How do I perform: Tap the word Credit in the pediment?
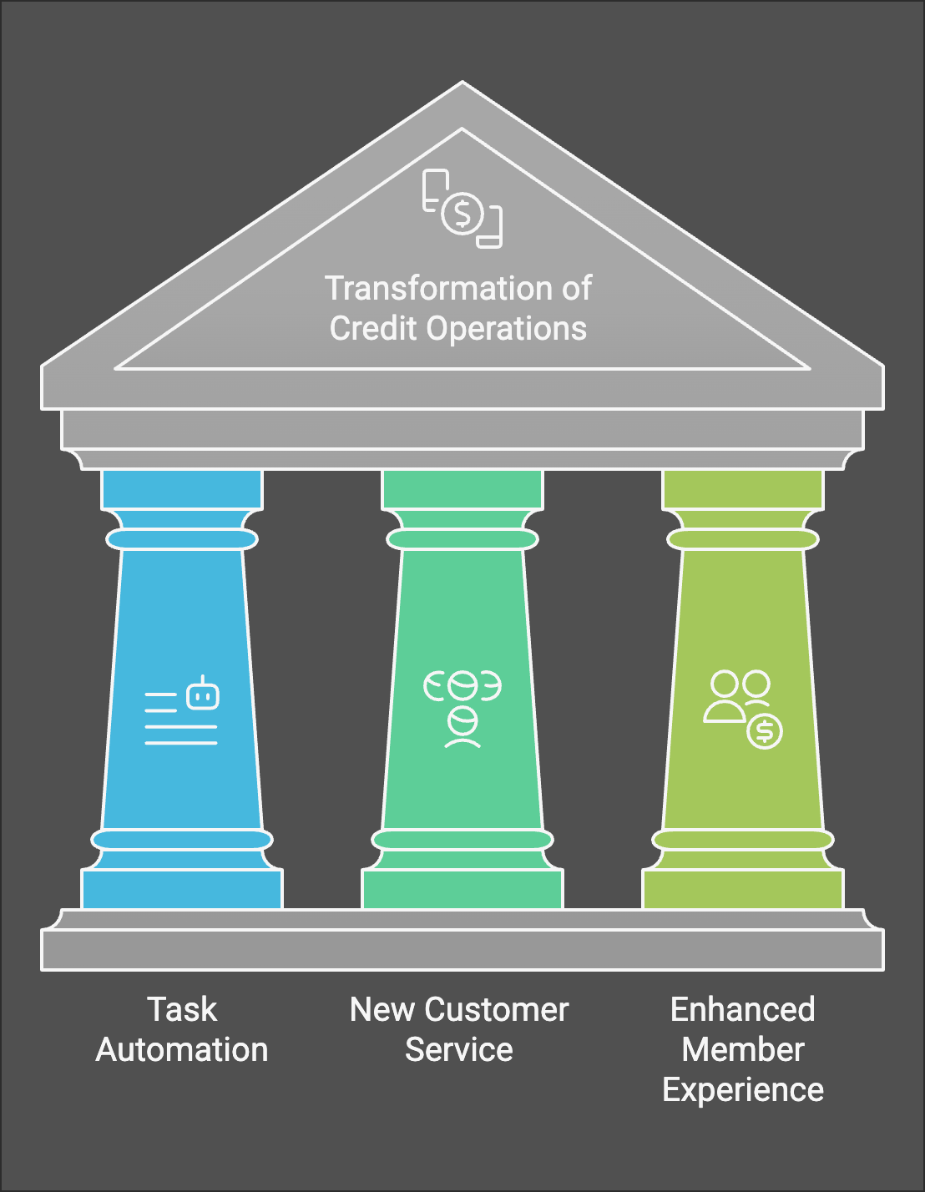(372, 329)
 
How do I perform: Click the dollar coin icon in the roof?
(462, 214)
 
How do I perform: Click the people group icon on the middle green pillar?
(462, 709)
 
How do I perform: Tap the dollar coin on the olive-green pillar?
(764, 732)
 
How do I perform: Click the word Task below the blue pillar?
(182, 1009)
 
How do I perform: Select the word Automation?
(182, 1050)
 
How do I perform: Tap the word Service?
(458, 1050)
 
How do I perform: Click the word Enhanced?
(742, 1009)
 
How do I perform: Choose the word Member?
(743, 1050)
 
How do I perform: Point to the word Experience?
(743, 1091)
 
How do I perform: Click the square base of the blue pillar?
(182, 889)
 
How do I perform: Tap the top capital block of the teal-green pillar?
(462, 489)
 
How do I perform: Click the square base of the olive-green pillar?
(743, 889)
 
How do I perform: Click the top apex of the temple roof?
(462, 82)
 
